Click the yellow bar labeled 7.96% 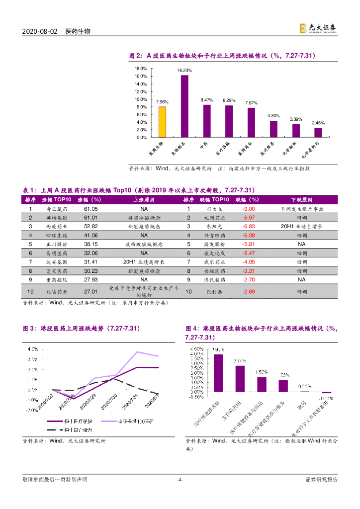162,122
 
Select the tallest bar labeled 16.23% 184,106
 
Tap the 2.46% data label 318,123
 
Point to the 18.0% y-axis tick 141,69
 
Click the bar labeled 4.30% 273,129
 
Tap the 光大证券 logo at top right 318,28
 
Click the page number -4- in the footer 180,479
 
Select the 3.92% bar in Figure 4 218,373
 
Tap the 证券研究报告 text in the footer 321,479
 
